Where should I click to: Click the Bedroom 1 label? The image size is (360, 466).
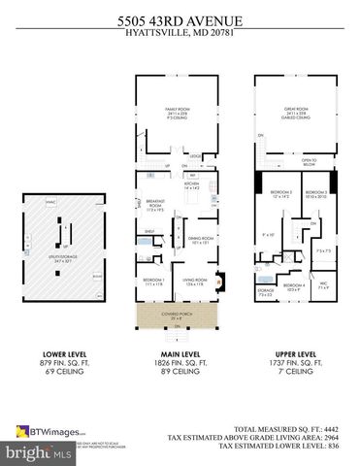(x=153, y=282)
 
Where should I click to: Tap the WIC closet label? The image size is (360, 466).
(x=325, y=285)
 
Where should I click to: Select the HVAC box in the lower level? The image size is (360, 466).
(x=49, y=201)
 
